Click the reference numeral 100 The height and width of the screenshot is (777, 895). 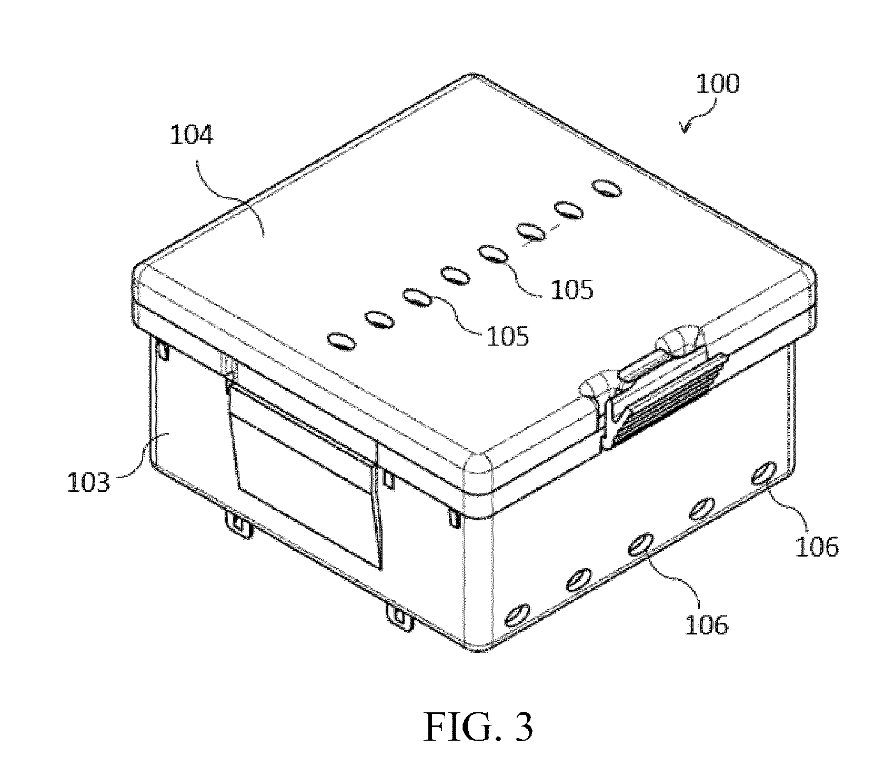[718, 84]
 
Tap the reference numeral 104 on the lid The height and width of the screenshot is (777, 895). [192, 135]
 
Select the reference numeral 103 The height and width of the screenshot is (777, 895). [89, 482]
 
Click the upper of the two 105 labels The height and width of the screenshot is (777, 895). [572, 290]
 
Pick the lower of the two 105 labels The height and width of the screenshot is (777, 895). [507, 336]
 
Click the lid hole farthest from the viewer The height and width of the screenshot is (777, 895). [606, 188]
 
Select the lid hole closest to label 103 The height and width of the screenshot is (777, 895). [341, 341]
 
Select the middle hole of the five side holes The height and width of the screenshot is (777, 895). [639, 544]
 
